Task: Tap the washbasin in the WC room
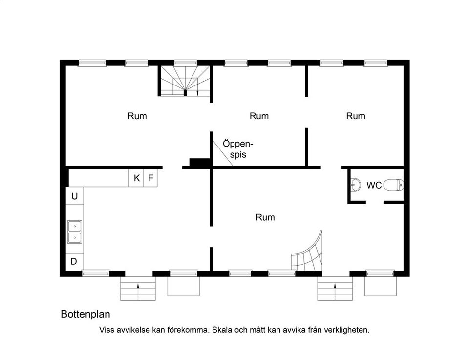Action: [x=355, y=185]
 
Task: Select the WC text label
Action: [x=374, y=186]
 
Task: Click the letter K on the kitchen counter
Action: [x=137, y=178]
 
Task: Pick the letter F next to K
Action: [x=150, y=178]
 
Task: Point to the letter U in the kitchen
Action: [x=75, y=196]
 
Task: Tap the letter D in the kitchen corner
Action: [x=74, y=261]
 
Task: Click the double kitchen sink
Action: [x=74, y=232]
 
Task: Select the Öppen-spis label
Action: [x=238, y=149]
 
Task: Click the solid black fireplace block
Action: [x=199, y=163]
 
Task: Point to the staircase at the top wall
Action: [x=185, y=81]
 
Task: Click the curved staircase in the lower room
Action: [x=309, y=254]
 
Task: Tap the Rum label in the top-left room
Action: [x=137, y=116]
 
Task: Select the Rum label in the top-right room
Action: [x=356, y=116]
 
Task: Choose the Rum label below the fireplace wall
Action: [x=265, y=217]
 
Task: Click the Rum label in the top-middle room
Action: [x=259, y=116]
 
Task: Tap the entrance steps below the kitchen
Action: [x=138, y=289]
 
